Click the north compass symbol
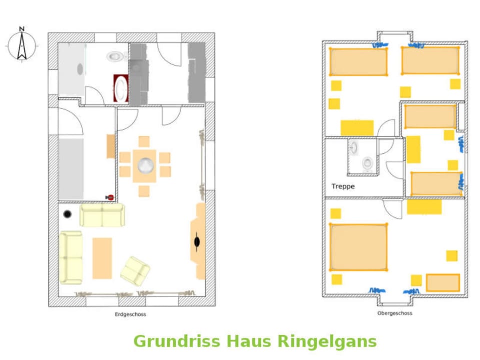22,44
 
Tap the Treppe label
343,186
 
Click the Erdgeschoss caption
130,314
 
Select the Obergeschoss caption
395,313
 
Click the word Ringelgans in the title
327,341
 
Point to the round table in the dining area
145,165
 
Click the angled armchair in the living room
135,271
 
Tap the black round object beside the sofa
67,214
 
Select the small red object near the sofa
110,198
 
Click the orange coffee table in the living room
102,258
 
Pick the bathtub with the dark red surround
121,89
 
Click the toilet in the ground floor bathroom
115,57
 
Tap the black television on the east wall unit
197,242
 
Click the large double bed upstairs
359,247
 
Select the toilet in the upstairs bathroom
368,163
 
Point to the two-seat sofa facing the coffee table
102,215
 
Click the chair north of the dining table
144,141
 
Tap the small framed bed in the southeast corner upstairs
442,282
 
